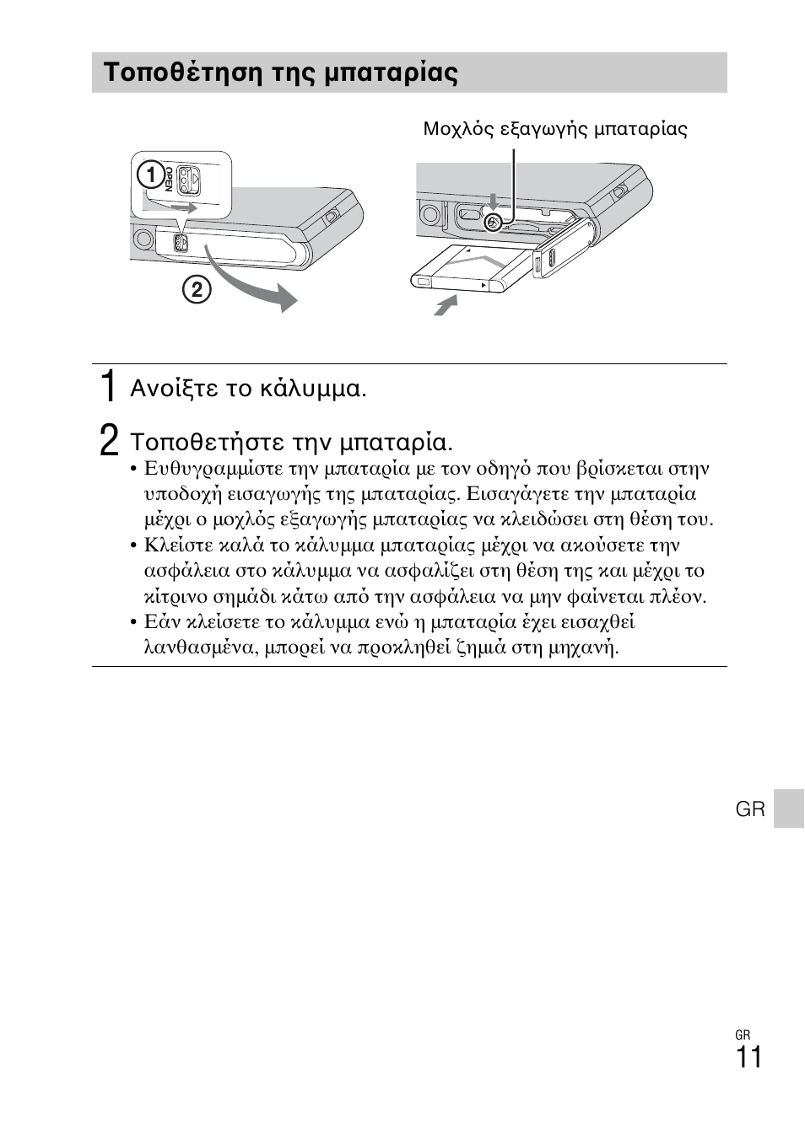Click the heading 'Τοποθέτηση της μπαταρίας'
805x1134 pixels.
(281, 73)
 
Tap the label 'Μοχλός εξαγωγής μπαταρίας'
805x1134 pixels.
(554, 129)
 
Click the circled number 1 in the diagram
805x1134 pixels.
(150, 175)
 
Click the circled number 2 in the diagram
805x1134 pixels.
(196, 290)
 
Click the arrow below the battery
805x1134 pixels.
(445, 305)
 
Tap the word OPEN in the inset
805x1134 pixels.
(169, 180)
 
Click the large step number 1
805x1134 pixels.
(106, 386)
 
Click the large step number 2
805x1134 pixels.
(107, 440)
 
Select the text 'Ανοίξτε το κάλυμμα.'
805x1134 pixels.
(248, 389)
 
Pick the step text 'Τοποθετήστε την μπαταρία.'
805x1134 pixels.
(291, 443)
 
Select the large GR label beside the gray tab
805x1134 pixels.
(749, 809)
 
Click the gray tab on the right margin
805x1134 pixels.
(788, 809)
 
